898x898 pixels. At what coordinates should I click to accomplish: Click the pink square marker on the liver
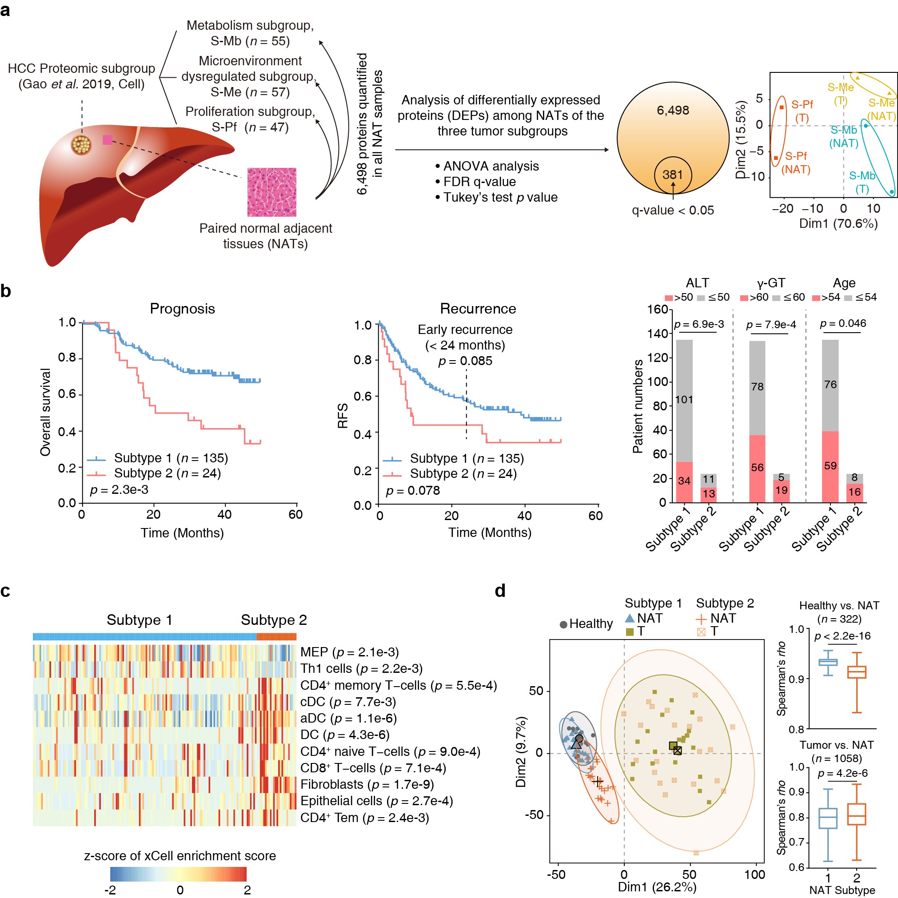point(108,139)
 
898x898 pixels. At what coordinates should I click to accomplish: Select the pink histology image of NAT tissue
point(271,192)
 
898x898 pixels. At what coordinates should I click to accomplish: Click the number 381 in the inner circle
point(672,175)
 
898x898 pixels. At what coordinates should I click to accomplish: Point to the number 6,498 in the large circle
point(672,111)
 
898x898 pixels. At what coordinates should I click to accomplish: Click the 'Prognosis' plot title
point(182,309)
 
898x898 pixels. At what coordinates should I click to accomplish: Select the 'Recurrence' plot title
point(478,309)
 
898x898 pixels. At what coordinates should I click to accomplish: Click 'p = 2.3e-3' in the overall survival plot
point(119,489)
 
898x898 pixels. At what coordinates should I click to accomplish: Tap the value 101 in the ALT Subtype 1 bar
point(684,400)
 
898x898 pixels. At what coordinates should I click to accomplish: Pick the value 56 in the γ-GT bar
point(757,468)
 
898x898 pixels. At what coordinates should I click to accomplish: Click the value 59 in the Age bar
point(830,466)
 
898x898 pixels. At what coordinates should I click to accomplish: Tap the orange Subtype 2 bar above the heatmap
point(276,637)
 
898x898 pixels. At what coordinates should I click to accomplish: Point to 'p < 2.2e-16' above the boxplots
point(842,636)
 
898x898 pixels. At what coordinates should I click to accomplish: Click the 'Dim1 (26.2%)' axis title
point(657,887)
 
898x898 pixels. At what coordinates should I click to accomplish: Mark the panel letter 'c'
point(6,591)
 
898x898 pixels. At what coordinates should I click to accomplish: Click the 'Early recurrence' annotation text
point(465,330)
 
